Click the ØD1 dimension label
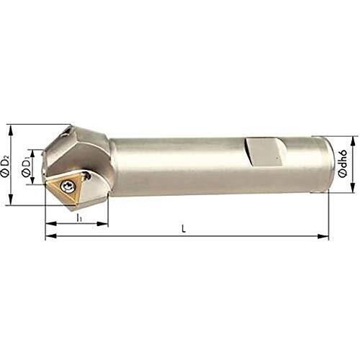26,167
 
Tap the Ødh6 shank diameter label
343,164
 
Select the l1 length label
79,218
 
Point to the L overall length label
184,229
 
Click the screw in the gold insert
66,186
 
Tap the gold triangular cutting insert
64,189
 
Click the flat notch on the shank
265,151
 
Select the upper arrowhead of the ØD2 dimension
10,130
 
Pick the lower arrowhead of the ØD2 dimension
10,199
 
